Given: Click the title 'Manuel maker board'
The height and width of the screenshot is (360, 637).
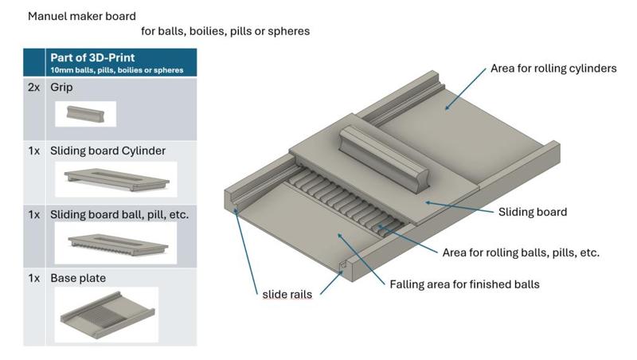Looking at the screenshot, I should click(x=82, y=16).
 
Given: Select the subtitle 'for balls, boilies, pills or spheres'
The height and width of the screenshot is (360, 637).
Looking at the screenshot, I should click(x=225, y=32).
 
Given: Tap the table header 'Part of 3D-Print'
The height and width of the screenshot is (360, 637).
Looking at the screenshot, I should click(x=92, y=57).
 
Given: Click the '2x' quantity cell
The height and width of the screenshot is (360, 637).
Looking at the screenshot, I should click(x=34, y=88).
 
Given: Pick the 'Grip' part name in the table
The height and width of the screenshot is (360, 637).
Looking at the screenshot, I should click(x=61, y=88).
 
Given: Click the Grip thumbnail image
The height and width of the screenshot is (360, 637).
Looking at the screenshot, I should click(x=85, y=114).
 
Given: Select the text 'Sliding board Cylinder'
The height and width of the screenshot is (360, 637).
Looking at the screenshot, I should click(x=107, y=150).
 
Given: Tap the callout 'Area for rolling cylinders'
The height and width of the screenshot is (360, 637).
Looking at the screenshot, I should click(x=553, y=68).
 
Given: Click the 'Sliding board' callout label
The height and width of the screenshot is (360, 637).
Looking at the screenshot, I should click(x=533, y=212).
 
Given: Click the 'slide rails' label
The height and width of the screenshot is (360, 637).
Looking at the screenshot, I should click(x=287, y=295).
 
